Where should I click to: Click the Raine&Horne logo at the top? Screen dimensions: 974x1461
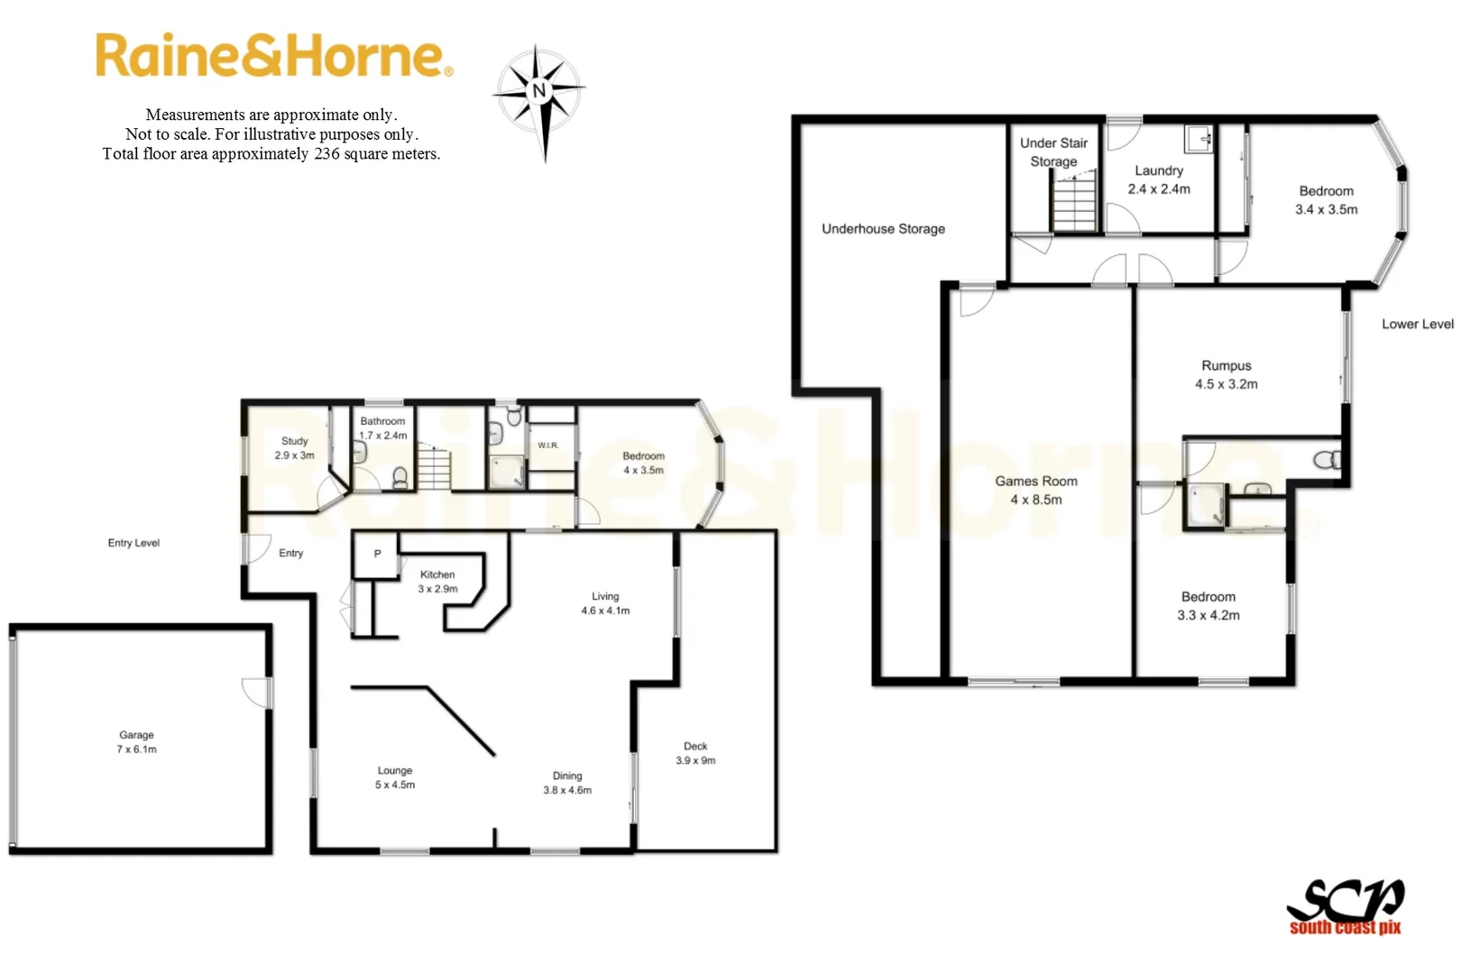point(273,56)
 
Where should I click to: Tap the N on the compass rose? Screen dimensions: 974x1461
point(539,90)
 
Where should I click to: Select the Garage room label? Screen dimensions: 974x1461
point(136,735)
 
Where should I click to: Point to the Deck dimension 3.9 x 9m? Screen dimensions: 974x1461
point(695,760)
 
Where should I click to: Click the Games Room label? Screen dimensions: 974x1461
point(1036,482)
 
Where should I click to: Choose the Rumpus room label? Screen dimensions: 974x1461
point(1227,365)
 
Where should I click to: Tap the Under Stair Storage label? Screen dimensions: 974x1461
point(1053,152)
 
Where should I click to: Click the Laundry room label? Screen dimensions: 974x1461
point(1159,170)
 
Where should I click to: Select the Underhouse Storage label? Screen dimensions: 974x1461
point(883,229)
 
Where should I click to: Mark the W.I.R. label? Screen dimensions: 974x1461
point(548,446)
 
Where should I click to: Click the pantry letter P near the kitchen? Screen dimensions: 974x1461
point(377,554)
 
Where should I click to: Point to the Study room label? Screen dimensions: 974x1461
point(295,441)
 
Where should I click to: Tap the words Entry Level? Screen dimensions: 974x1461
point(133,543)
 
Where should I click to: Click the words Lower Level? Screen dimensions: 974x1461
point(1418,324)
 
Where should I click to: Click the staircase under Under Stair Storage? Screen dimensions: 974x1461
point(1074,205)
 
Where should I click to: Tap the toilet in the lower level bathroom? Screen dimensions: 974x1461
point(1327,461)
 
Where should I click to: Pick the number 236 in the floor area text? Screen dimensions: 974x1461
point(326,154)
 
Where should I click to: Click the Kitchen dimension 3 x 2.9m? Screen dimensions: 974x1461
point(437,589)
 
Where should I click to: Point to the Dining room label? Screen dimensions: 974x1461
point(567,776)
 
